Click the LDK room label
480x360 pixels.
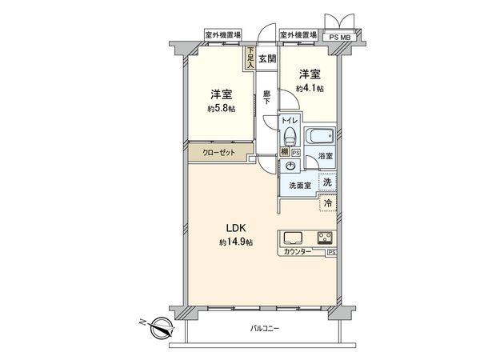click(236, 228)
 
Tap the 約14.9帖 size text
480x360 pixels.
click(236, 242)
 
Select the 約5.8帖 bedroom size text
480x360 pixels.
click(221, 108)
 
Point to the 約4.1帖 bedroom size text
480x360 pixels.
click(310, 89)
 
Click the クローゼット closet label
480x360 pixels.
click(219, 152)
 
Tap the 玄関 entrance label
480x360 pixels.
click(267, 58)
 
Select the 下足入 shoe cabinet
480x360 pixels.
click(250, 58)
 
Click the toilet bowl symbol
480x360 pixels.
click(290, 136)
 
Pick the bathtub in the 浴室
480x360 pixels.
click(319, 135)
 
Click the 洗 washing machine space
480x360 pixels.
click(327, 182)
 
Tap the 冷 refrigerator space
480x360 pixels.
click(328, 203)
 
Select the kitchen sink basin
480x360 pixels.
click(293, 238)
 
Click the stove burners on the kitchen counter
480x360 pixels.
click(325, 238)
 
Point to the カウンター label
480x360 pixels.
click(298, 252)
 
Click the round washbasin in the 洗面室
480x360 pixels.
click(290, 166)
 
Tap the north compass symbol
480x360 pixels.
click(161, 327)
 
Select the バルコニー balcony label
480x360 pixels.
click(265, 329)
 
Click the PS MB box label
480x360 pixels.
click(340, 38)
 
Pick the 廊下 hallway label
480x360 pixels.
click(266, 98)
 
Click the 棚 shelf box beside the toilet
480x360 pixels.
click(285, 152)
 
